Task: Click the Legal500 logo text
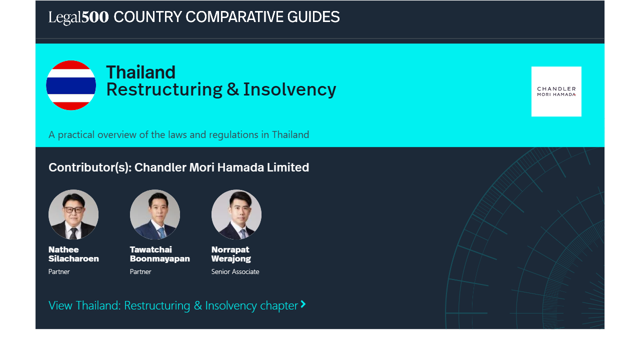78,17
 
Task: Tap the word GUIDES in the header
313,17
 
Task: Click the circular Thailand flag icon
71,85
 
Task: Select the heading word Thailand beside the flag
141,72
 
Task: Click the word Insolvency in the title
289,89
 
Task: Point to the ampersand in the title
232,89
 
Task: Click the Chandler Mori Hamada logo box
556,91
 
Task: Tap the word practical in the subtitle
76,134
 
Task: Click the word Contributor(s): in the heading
90,167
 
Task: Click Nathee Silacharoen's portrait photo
73,214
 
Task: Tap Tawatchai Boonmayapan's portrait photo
155,214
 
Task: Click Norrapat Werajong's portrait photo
236,214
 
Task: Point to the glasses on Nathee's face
73,209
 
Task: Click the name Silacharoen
73,258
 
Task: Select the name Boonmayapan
159,259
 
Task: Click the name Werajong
231,259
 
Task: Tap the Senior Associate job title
235,271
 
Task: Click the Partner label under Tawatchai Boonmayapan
140,271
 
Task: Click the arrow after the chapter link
303,304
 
